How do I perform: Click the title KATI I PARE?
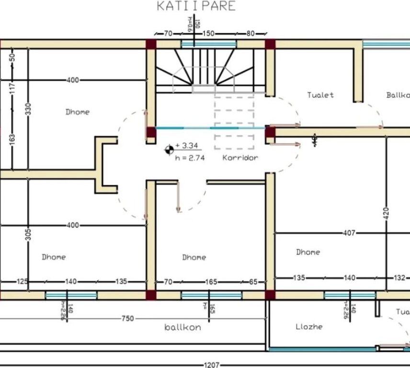pyautogui.click(x=196, y=6)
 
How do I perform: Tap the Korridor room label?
pyautogui.click(x=240, y=158)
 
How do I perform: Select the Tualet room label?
pyautogui.click(x=320, y=95)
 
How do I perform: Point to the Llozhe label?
pyautogui.click(x=309, y=327)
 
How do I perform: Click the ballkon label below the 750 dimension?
pyautogui.click(x=182, y=328)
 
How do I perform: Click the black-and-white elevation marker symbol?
pyautogui.click(x=169, y=150)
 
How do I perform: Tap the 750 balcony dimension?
pyautogui.click(x=128, y=318)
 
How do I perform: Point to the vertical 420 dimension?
pyautogui.click(x=387, y=212)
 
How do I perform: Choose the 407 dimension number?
pyautogui.click(x=350, y=233)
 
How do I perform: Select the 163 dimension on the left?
pyautogui.click(x=12, y=138)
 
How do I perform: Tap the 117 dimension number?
pyautogui.click(x=12, y=88)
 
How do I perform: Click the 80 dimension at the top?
pyautogui.click(x=250, y=34)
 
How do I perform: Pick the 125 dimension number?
pyautogui.click(x=22, y=282)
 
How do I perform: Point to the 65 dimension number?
pyautogui.click(x=253, y=282)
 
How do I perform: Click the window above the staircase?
pyautogui.click(x=209, y=44)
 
